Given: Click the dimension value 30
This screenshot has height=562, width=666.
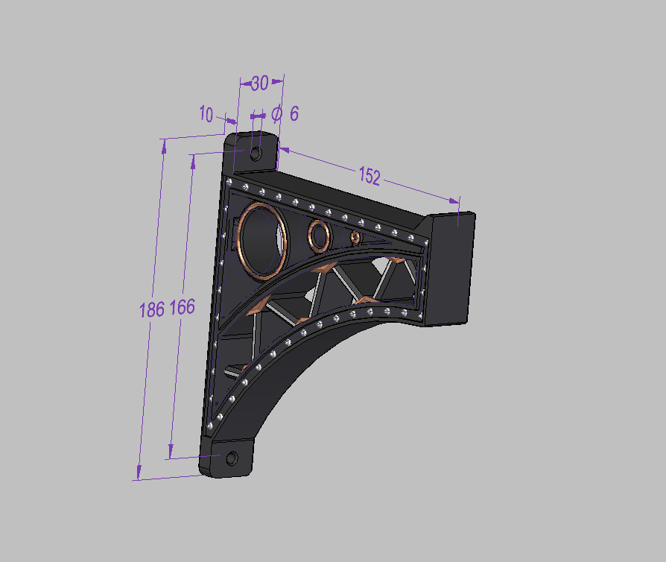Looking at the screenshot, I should (259, 83).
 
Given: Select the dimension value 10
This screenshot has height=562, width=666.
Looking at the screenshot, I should (206, 114).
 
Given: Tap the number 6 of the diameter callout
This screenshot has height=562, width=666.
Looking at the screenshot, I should (294, 113).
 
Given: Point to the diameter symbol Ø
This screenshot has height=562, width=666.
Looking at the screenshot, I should (276, 113).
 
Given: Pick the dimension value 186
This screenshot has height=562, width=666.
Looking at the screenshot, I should (151, 309).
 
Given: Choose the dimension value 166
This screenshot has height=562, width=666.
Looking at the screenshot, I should (183, 307).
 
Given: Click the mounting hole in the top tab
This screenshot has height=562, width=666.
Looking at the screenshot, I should (256, 154).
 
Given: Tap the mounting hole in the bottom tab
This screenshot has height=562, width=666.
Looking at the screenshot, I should (231, 458).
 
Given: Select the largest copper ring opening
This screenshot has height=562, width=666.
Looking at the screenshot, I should (262, 240).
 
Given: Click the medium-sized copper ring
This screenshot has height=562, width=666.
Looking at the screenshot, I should (320, 236).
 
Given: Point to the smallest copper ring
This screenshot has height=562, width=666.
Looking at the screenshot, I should (355, 237).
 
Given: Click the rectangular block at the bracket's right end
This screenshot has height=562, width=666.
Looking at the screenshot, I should (454, 267).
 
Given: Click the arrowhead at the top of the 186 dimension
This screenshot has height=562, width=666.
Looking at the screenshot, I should (162, 145).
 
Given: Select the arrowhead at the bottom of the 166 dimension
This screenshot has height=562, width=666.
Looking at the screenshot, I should (171, 452).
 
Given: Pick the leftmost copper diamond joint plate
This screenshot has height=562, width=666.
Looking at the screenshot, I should (256, 306).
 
